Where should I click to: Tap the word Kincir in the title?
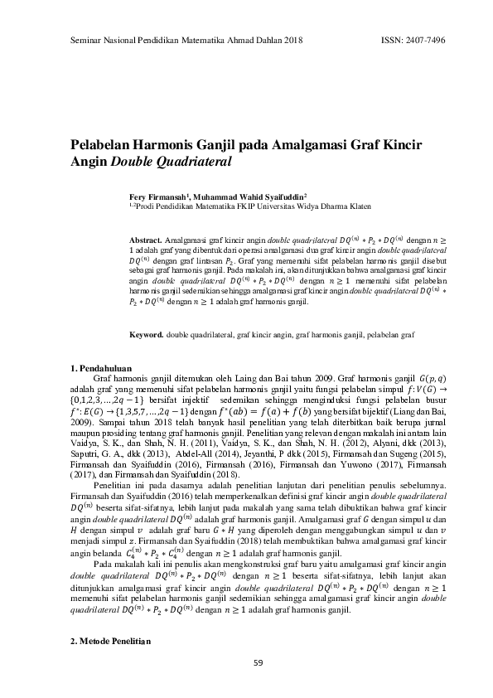(x=403, y=145)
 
